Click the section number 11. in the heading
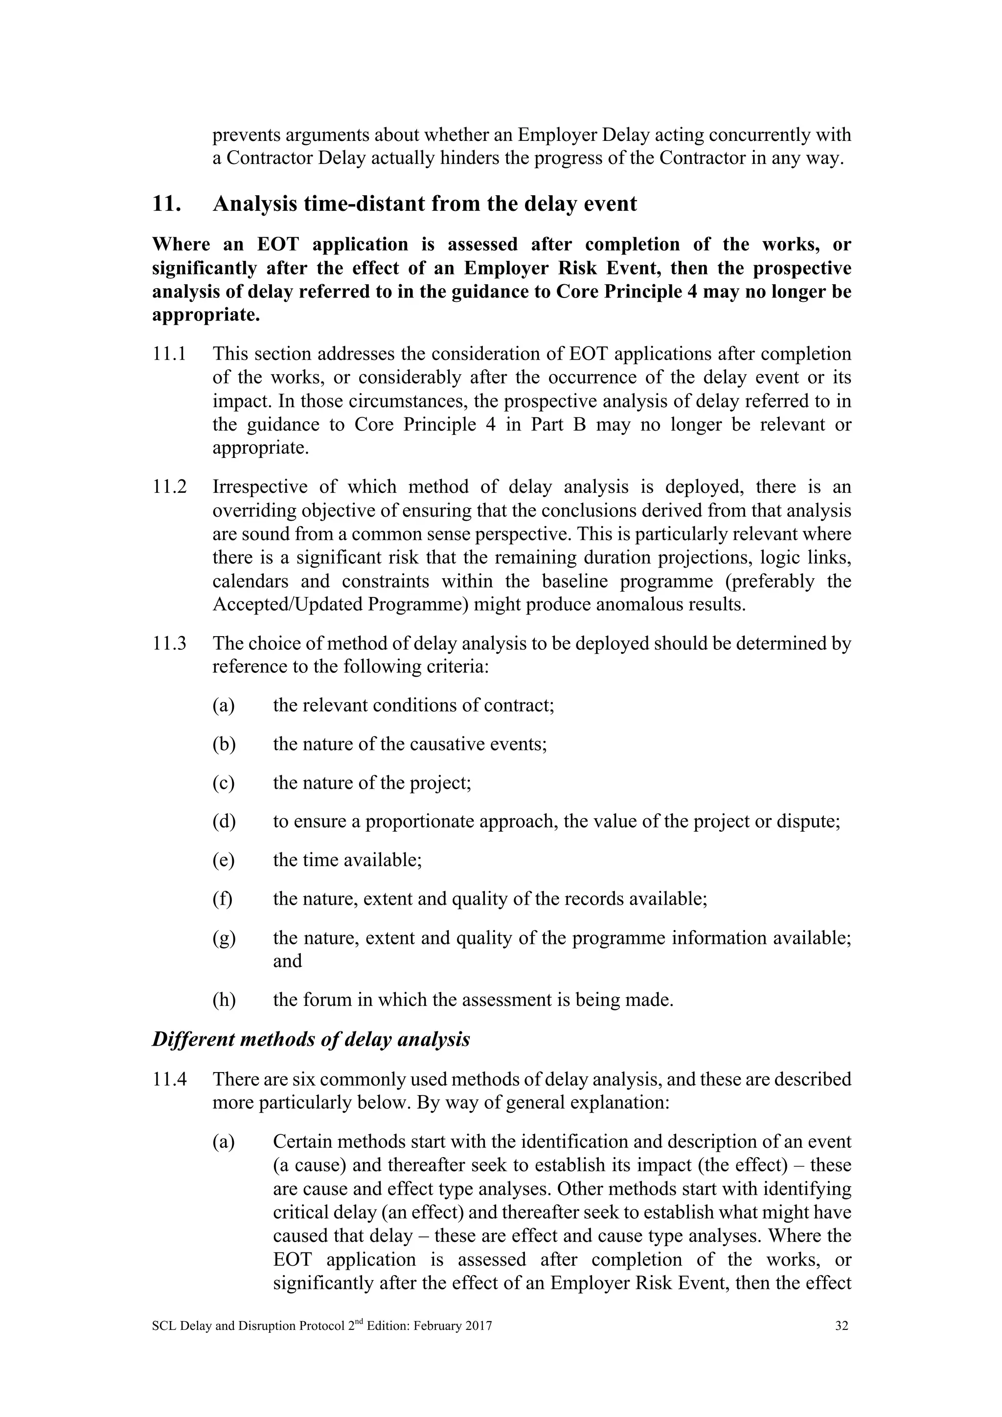(166, 204)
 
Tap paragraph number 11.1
(169, 354)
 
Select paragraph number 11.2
(169, 487)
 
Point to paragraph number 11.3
(169, 644)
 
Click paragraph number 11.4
(169, 1079)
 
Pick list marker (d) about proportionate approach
(224, 822)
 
